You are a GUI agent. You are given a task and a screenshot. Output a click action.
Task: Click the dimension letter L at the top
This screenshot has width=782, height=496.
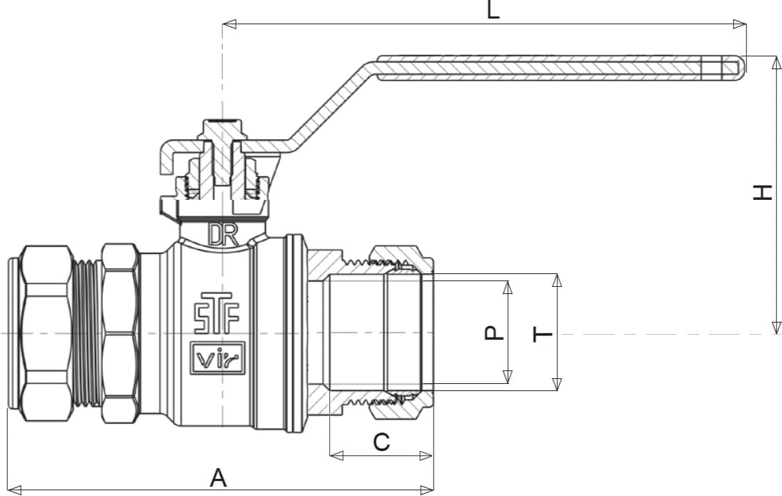pos(493,10)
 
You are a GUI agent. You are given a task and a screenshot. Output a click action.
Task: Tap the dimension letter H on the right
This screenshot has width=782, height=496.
pos(762,193)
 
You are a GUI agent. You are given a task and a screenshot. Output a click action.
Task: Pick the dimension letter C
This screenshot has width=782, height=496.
pos(381,442)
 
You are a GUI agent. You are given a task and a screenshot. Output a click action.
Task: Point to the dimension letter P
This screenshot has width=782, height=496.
pos(494,333)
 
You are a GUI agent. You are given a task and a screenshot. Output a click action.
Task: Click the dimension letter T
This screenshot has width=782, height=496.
pos(543,334)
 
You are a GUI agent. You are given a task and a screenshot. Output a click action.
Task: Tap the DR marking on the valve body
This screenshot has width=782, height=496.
pos(224,235)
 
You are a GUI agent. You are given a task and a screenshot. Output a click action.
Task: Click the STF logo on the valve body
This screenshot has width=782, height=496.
pos(216,313)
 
